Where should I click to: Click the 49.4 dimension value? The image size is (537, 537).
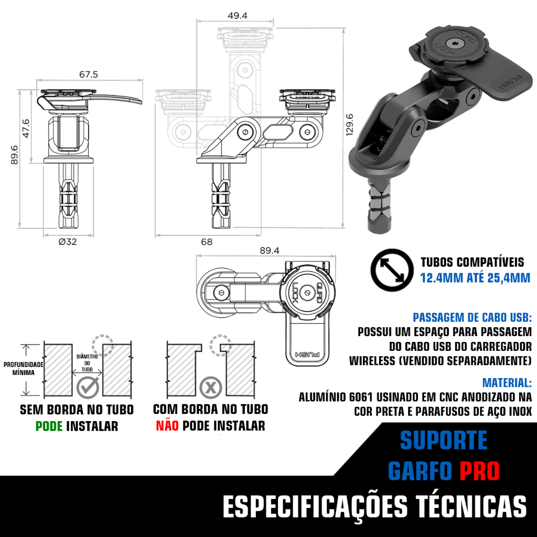click(238, 15)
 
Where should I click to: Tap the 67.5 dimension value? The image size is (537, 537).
click(88, 74)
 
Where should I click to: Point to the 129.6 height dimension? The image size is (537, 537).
click(350, 125)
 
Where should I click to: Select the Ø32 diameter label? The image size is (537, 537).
click(68, 242)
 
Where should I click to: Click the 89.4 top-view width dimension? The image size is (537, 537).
click(269, 250)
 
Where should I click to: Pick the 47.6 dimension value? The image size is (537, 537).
click(26, 128)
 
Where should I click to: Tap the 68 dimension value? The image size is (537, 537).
click(207, 242)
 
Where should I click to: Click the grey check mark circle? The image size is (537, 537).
click(88, 388)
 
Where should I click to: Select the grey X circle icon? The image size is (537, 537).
click(211, 388)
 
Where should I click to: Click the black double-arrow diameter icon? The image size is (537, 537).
click(392, 270)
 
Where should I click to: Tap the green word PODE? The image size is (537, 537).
click(49, 426)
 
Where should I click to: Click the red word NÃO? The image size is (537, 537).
click(167, 426)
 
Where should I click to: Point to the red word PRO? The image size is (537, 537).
click(479, 471)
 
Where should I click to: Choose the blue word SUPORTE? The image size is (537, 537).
click(444, 441)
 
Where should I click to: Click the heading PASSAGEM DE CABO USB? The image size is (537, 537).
click(472, 317)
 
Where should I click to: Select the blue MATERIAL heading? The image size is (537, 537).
click(507, 382)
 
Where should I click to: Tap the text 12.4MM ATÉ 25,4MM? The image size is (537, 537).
click(475, 278)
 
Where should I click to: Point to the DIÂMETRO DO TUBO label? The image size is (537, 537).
click(87, 363)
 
